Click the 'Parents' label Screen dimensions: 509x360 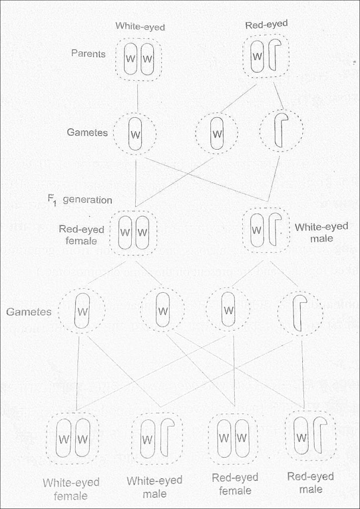click(x=88, y=54)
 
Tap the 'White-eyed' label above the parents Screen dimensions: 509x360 click(x=140, y=26)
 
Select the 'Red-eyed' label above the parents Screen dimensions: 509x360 click(x=266, y=24)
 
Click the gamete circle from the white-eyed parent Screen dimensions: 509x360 click(x=135, y=134)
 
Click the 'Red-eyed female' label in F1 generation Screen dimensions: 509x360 click(x=82, y=235)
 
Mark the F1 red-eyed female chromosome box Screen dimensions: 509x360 click(x=133, y=233)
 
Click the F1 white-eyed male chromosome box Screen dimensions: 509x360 click(x=265, y=231)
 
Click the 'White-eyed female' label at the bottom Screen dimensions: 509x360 click(x=71, y=489)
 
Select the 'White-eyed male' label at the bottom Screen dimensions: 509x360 click(x=154, y=487)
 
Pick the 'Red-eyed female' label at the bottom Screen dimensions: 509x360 click(x=235, y=484)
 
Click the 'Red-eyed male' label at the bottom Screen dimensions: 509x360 click(x=310, y=483)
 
